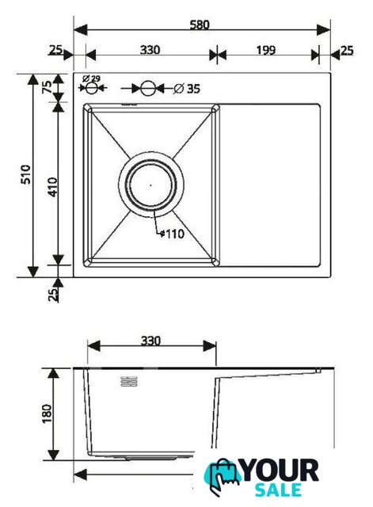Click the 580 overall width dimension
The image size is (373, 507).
point(200,25)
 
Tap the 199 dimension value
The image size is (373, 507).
point(265,50)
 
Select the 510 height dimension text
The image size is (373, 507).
point(26,174)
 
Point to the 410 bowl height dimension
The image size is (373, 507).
point(52,187)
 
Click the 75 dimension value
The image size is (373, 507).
point(47,86)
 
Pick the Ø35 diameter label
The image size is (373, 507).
point(187,89)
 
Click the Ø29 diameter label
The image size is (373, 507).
point(92,78)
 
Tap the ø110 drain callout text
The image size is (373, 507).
point(172,234)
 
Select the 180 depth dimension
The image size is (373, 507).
point(47,414)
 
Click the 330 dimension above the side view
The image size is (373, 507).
point(150,341)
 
